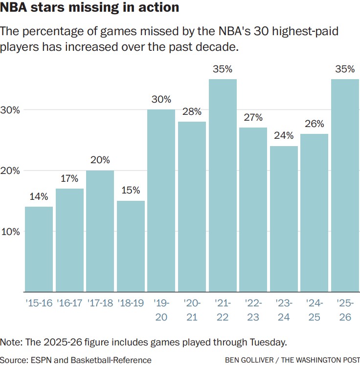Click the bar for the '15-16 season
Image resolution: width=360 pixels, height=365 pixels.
click(39, 249)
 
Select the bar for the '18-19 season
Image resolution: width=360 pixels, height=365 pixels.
click(131, 246)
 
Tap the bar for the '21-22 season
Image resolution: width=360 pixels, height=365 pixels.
click(223, 186)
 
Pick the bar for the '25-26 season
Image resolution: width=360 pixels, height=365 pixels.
click(345, 186)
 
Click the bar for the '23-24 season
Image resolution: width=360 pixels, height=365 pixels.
click(284, 219)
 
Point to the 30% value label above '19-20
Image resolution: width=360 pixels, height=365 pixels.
click(161, 99)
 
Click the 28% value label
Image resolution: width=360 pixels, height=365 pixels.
click(192, 111)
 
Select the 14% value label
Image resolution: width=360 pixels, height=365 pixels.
click(39, 196)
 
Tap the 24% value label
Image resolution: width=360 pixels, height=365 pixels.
click(284, 135)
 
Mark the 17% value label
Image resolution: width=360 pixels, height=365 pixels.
click(69, 178)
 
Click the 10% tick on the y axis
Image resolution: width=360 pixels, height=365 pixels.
click(10, 232)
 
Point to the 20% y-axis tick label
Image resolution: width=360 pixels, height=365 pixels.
click(10, 171)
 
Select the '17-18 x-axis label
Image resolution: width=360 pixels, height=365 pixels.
click(100, 303)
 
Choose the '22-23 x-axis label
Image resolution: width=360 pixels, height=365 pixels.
click(253, 310)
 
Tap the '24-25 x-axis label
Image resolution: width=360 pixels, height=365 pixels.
click(314, 310)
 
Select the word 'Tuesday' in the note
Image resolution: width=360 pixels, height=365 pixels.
click(265, 341)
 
